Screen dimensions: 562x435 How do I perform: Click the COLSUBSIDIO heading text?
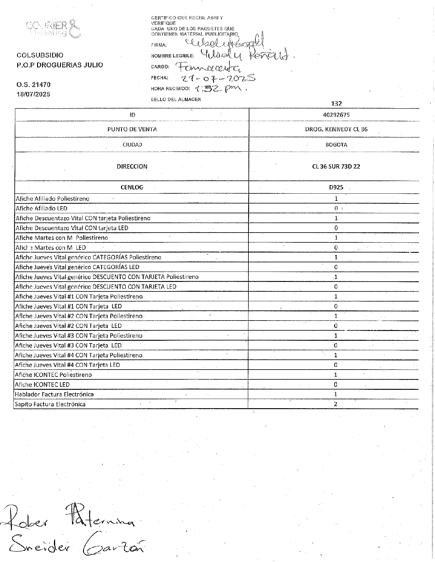pos(40,55)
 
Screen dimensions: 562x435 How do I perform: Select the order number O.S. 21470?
pos(33,85)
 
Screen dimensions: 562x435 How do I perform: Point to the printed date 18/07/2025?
pos(33,94)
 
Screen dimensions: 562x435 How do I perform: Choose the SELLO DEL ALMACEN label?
pos(176,99)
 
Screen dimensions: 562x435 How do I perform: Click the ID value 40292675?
pos(336,115)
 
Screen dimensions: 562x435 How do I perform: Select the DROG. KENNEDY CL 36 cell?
pos(336,129)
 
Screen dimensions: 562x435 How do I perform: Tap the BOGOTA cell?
pos(336,145)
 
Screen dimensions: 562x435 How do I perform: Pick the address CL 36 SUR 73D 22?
pos(336,166)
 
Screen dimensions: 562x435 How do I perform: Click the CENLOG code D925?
pos(336,187)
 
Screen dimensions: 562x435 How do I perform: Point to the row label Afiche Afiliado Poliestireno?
pos(52,199)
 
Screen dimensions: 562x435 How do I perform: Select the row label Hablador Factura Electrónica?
pos(54,394)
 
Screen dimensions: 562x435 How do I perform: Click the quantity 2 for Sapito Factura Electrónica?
pos(335,404)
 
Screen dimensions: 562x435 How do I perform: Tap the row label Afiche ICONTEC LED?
pos(42,385)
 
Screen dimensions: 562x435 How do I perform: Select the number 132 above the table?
pos(336,104)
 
